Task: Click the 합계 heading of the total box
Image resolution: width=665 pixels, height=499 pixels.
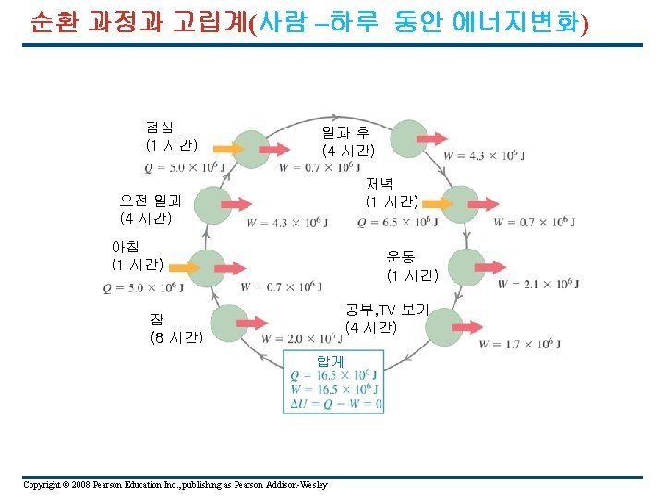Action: coord(330,361)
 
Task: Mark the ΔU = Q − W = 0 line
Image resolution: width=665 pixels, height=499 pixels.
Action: coord(334,404)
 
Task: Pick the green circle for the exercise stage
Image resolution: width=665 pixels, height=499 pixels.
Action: coord(466,265)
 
